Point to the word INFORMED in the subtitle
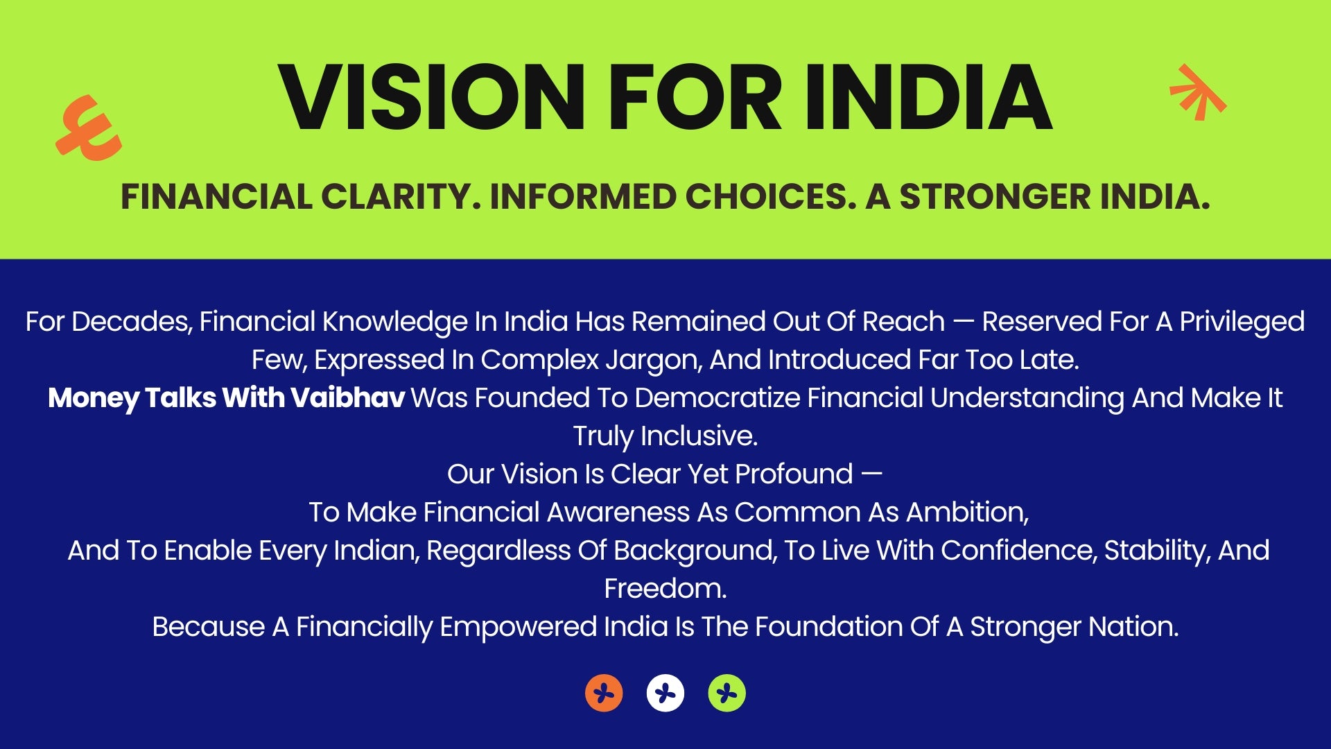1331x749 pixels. (582, 196)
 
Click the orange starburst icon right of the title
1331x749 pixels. (1198, 91)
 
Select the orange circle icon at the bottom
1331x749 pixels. (604, 693)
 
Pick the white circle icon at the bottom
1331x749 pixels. (665, 693)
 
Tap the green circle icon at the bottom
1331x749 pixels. (727, 693)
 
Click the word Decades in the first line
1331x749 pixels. (132, 322)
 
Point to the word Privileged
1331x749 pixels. (1242, 322)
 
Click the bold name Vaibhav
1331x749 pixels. (347, 398)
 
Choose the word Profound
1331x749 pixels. (794, 474)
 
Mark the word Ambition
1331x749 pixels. (967, 513)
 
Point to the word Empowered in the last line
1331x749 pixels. (519, 628)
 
